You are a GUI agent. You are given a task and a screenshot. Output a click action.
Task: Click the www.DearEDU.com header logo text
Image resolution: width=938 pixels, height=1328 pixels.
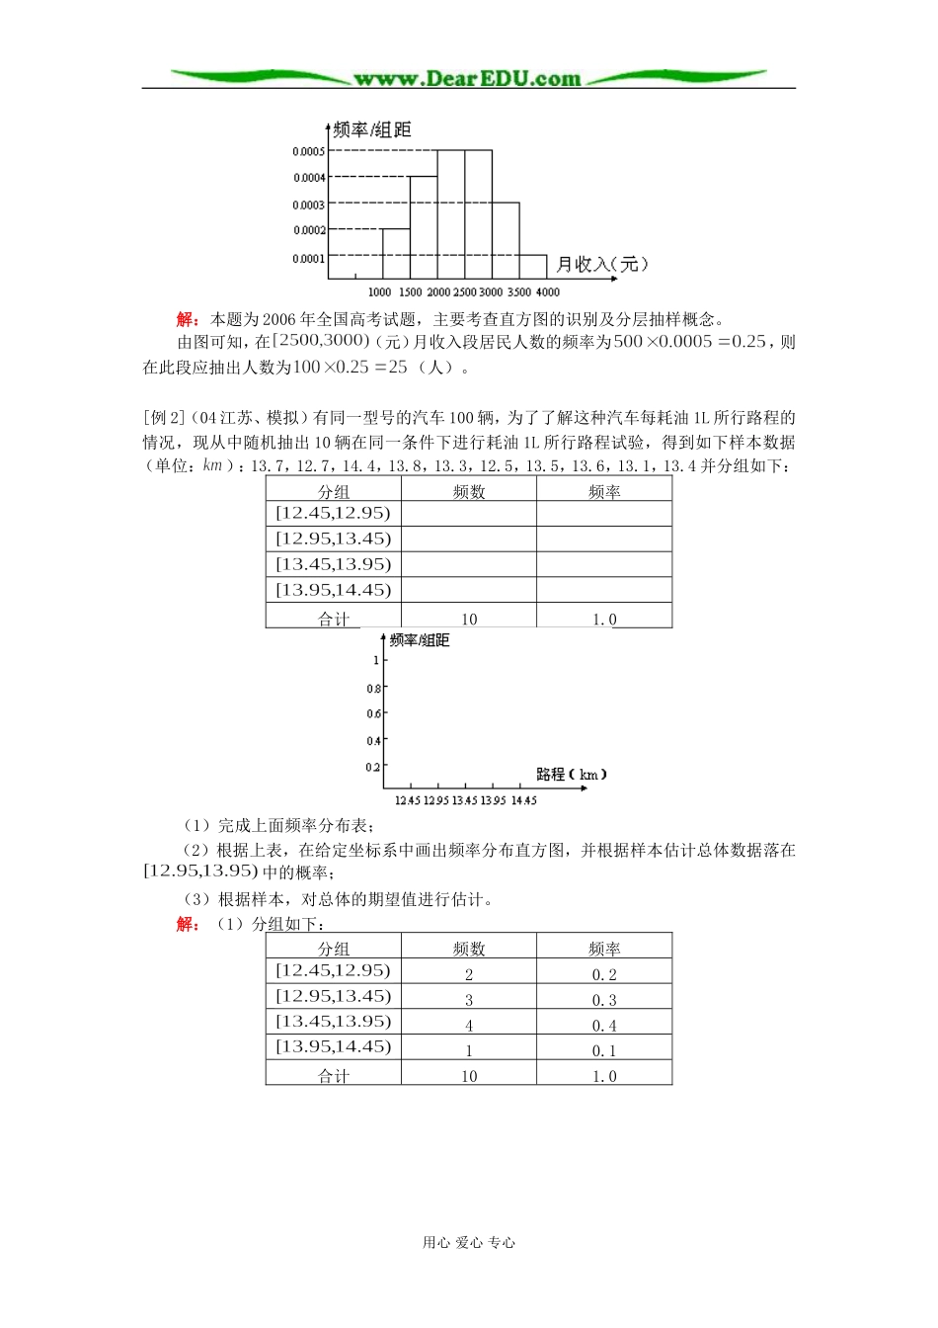coord(467,78)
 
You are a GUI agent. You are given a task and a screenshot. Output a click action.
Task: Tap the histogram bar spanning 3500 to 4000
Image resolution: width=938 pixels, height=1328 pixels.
coord(532,267)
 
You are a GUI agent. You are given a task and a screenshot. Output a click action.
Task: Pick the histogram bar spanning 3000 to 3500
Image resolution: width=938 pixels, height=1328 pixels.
coord(505,241)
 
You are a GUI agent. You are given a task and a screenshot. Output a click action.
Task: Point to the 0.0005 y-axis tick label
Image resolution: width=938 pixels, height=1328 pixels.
coord(308,151)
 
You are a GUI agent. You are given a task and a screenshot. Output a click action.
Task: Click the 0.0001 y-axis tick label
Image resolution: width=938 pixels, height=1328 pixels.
coord(308,259)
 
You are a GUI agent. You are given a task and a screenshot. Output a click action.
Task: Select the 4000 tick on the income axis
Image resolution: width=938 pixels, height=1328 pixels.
coord(547,292)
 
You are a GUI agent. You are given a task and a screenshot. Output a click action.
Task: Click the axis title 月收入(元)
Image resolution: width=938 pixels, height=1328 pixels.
coord(601,264)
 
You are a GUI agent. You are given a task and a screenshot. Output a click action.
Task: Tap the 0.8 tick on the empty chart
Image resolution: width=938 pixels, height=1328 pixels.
coord(373,688)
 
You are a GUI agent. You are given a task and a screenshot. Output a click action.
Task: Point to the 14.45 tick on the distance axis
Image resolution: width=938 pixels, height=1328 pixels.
coord(523,800)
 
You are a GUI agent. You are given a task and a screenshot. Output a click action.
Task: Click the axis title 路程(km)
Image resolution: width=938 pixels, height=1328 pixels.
coord(572,774)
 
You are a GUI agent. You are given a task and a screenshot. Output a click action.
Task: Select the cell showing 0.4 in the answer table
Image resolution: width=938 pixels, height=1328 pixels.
coord(603,1026)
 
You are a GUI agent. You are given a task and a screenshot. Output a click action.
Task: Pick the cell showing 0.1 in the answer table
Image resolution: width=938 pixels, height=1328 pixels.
coord(603,1051)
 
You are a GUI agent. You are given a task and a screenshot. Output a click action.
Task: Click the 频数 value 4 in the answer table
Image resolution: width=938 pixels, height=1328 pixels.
coord(469,1026)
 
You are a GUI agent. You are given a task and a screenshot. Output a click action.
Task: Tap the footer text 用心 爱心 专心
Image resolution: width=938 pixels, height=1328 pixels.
coord(469,1243)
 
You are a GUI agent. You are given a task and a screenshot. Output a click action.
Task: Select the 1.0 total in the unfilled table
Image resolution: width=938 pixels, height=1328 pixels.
coord(603,620)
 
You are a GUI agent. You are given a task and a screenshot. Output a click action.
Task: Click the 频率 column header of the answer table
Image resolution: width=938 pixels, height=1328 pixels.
coord(603,949)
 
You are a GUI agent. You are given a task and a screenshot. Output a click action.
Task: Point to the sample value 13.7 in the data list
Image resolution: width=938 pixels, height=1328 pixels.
coord(271,466)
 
